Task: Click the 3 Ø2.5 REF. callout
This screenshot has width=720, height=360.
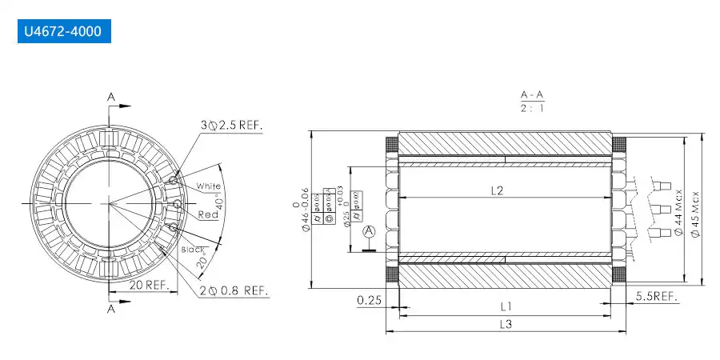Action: [231, 126]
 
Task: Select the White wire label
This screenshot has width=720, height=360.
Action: [209, 186]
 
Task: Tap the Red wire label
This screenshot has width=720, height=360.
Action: [208, 214]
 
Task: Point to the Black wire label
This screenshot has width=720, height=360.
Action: [194, 250]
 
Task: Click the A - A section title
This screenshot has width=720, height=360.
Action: [532, 96]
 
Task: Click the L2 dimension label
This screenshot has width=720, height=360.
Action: [496, 190]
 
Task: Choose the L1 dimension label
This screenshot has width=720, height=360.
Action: [506, 306]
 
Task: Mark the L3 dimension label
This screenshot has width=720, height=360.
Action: [506, 324]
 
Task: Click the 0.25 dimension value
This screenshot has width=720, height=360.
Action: [369, 300]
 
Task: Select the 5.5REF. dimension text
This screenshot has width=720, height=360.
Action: [657, 297]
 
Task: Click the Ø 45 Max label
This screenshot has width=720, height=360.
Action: [695, 210]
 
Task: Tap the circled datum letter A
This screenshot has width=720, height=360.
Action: [369, 232]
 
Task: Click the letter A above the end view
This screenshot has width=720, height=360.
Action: [111, 98]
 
